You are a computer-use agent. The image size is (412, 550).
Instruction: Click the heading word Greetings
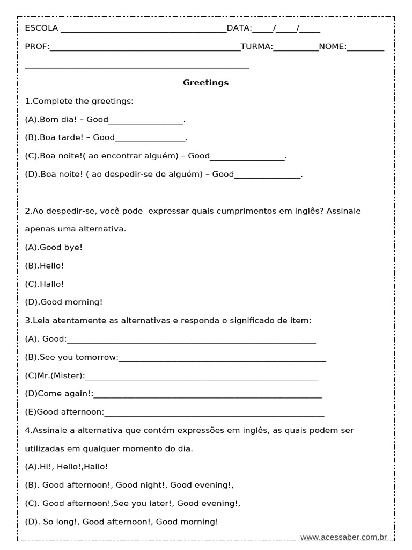click(205, 83)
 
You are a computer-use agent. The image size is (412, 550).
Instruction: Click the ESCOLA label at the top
click(42, 28)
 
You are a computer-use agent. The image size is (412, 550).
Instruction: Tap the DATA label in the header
click(239, 28)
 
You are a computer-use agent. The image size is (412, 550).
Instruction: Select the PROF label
click(37, 47)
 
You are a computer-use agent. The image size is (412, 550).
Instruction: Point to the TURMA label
click(256, 47)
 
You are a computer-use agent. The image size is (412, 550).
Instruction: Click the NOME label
click(333, 47)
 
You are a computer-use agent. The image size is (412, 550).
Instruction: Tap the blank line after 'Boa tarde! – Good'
click(150, 140)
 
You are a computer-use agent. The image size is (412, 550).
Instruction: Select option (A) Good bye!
click(54, 247)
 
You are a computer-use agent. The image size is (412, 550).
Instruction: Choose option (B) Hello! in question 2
click(45, 265)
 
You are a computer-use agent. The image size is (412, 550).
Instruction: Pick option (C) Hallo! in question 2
click(45, 284)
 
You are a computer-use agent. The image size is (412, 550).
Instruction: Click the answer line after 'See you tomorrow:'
click(222, 360)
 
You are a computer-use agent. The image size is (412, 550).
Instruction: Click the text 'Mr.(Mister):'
click(55, 376)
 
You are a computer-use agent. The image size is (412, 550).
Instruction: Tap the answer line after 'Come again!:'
click(208, 397)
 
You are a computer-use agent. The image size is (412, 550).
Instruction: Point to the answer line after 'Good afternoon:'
click(215, 415)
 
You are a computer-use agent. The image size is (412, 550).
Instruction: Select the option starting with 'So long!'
click(122, 522)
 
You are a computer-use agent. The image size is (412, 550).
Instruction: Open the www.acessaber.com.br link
click(343, 537)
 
